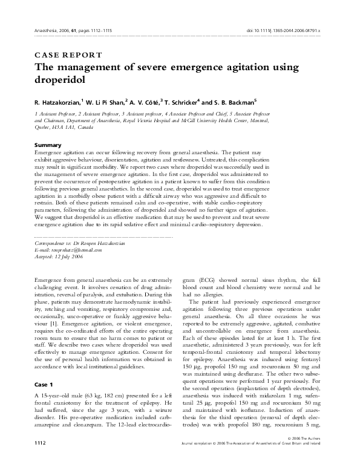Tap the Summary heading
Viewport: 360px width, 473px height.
(x=50, y=145)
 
